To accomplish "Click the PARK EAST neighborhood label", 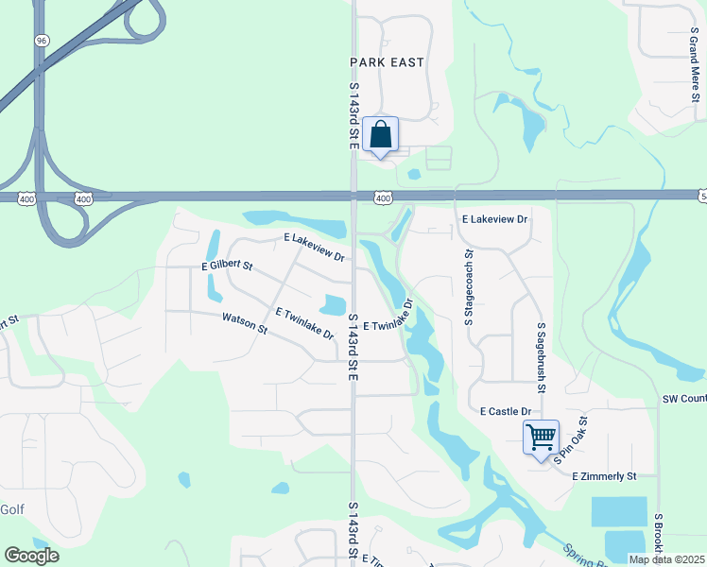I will click(387, 62).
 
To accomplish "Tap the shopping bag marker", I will click(380, 135).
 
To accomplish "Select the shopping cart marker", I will click(541, 438).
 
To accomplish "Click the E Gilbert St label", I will click(228, 267).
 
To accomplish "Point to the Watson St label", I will click(245, 324).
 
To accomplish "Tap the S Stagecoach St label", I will click(468, 288).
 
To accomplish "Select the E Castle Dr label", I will click(506, 412).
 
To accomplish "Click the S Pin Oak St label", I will click(571, 440).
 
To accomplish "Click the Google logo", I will click(31, 556).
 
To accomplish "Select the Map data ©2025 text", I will click(666, 559).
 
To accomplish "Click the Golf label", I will click(12, 509).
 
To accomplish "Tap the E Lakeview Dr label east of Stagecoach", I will click(494, 218).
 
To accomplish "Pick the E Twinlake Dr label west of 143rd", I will click(305, 323).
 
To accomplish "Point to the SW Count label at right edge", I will click(684, 400).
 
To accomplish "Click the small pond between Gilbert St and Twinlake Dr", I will click(333, 304).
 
